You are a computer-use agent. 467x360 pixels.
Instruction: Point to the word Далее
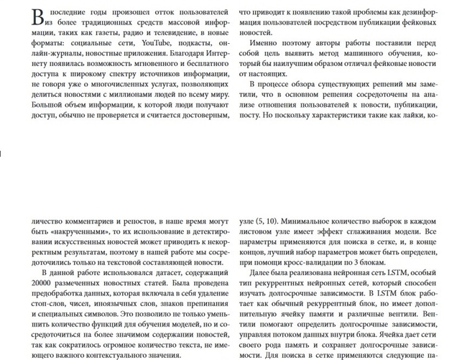(262, 273)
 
